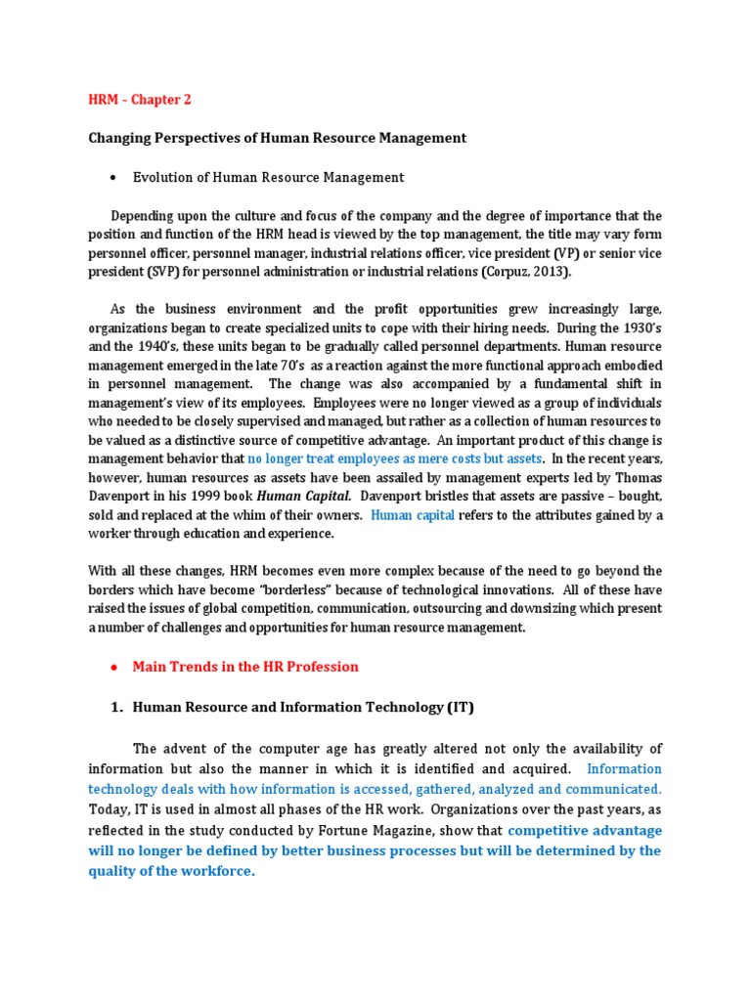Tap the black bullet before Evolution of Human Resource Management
pos(114,177)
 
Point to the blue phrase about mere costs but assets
pos(395,459)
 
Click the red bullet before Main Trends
pos(114,667)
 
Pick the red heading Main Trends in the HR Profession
pos(245,667)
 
